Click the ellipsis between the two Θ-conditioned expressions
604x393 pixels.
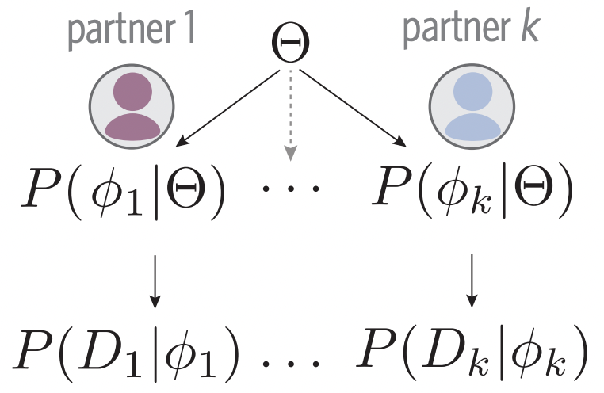pyautogui.click(x=290, y=191)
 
